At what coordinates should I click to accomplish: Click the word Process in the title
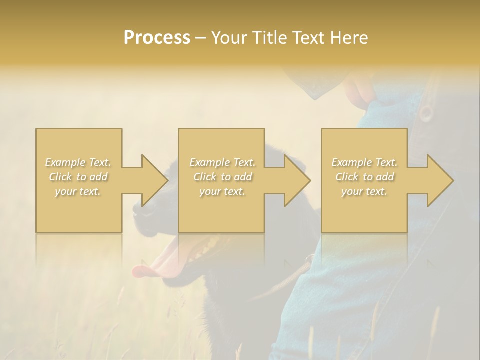[x=157, y=38]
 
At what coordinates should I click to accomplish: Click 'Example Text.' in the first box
[x=78, y=162]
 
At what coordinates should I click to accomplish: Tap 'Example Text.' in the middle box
[x=222, y=162]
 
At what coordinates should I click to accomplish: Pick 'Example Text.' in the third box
[x=364, y=162]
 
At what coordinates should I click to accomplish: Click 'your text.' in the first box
[x=78, y=191]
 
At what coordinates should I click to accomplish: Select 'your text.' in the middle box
[x=222, y=191]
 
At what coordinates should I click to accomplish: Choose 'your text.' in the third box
[x=364, y=191]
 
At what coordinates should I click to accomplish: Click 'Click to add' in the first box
[x=78, y=177]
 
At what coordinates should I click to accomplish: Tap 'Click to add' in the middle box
[x=222, y=177]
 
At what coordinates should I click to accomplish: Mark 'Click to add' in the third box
[x=364, y=177]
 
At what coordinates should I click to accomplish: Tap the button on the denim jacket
[x=426, y=113]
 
